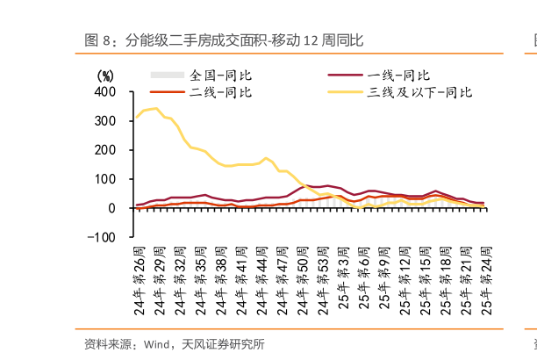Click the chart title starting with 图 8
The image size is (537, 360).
pos(223,40)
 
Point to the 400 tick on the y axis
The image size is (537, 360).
pos(104,91)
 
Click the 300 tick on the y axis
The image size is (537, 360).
pos(104,120)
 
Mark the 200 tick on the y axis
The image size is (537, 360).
pos(104,149)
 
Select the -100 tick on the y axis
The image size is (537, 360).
pos(102,237)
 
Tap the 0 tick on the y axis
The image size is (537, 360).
pos(111,208)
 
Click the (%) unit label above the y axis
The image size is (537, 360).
pos(104,76)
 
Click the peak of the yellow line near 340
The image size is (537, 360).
pos(155,108)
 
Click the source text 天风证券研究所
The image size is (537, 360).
pos(223,343)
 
